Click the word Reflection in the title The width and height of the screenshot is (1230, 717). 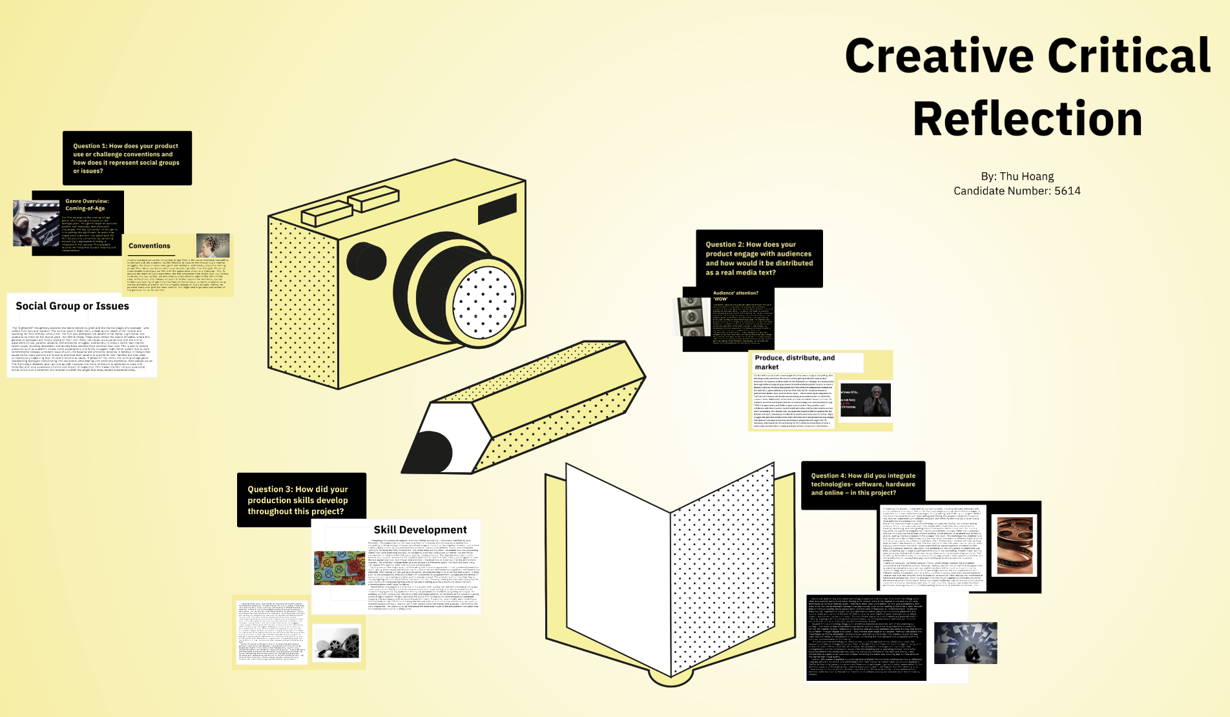pyautogui.click(x=1027, y=119)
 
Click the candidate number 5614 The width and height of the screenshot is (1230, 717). pyautogui.click(x=1067, y=191)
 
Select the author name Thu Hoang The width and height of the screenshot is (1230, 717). pyautogui.click(x=1027, y=176)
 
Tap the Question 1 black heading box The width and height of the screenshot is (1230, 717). pyautogui.click(x=127, y=158)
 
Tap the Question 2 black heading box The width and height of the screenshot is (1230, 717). pyautogui.click(x=759, y=258)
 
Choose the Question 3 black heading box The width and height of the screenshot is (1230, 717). pyautogui.click(x=301, y=500)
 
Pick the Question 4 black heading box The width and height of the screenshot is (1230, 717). pyautogui.click(x=863, y=484)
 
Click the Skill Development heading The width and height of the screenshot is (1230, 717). pyautogui.click(x=420, y=530)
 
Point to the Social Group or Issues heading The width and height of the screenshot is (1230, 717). pyautogui.click(x=72, y=306)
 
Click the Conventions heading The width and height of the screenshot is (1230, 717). pyautogui.click(x=149, y=246)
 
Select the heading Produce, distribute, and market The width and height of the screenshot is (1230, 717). pyautogui.click(x=795, y=362)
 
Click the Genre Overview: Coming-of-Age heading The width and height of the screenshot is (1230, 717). pyautogui.click(x=87, y=205)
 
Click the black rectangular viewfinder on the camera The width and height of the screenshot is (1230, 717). pyautogui.click(x=497, y=208)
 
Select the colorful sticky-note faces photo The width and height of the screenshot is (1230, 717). pyautogui.click(x=339, y=568)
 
